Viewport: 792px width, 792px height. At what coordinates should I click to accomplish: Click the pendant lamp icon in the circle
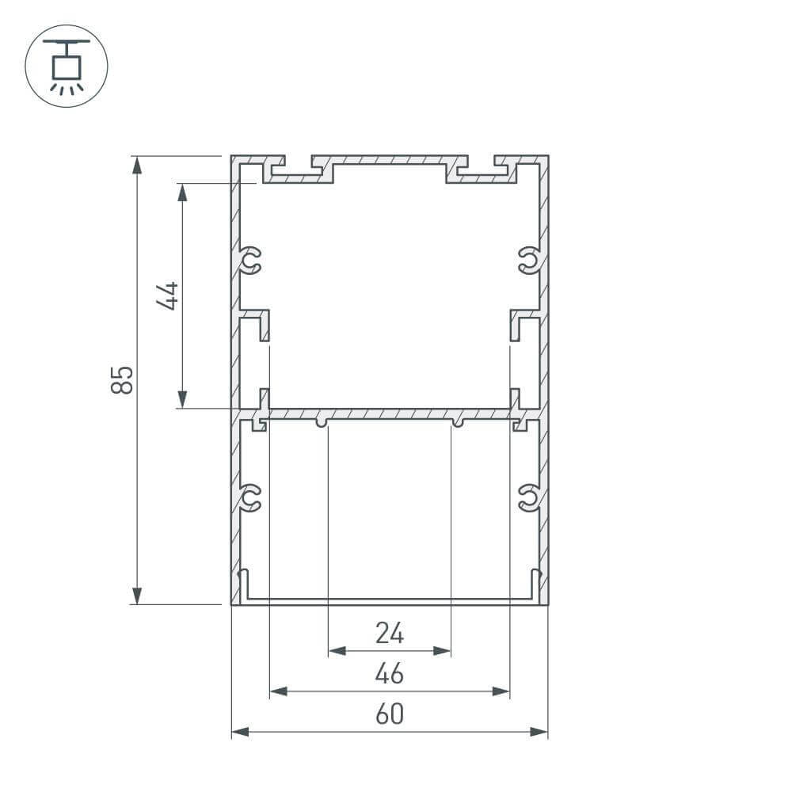coord(67,66)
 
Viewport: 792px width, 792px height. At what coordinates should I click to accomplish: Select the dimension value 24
coord(390,633)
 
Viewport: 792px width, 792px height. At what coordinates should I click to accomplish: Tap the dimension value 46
coord(390,674)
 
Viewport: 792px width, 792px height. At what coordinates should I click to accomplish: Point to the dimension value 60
coord(390,714)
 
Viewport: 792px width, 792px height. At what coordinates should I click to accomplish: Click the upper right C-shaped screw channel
coord(528,260)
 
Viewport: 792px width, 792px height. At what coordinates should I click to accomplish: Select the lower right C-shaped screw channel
coord(528,497)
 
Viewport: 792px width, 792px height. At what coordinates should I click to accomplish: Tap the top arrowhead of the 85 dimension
coord(138,165)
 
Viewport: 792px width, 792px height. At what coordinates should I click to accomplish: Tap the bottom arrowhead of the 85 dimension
coord(138,596)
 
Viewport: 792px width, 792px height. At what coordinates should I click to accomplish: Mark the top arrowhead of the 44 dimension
coord(182,192)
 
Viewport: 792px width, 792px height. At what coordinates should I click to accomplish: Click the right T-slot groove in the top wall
coord(482,169)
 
